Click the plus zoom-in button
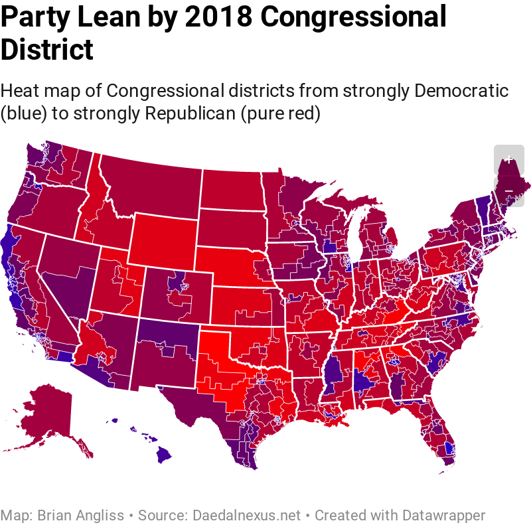coord(509,159)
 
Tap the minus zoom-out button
coord(509,191)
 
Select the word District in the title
coord(47,50)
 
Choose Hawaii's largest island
coord(163,456)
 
